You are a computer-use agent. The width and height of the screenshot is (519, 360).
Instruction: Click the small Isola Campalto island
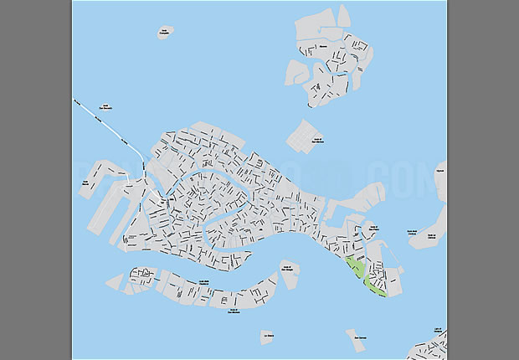(x=164, y=33)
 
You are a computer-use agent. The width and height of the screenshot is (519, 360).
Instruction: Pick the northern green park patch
(x=354, y=268)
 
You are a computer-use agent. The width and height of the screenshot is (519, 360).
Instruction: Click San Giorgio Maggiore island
(x=289, y=275)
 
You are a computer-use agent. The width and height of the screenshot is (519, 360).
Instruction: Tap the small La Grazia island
(x=268, y=337)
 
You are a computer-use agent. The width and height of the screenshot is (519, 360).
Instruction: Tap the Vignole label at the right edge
(x=441, y=172)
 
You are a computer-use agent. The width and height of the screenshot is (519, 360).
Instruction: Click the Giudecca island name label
(x=204, y=282)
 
